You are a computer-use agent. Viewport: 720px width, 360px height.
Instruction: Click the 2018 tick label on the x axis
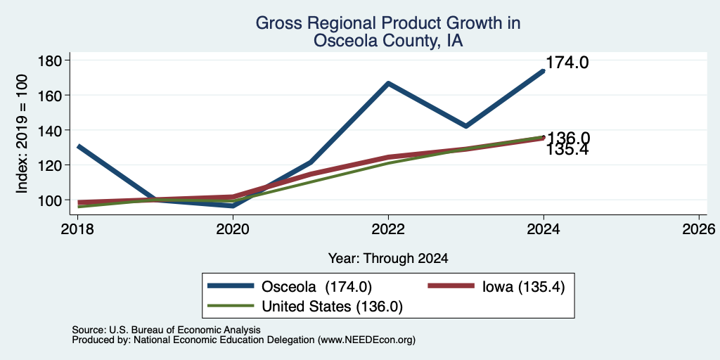77,229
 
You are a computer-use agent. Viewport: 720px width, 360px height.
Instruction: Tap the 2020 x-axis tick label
233,229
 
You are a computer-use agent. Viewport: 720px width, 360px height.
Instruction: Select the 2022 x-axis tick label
388,229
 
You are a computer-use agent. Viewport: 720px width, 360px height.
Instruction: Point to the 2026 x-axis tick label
699,229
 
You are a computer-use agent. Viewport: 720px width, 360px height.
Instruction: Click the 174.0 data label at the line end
567,63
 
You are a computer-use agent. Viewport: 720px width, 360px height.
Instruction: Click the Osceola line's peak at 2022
388,83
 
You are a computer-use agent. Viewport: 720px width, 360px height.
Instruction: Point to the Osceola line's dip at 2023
466,126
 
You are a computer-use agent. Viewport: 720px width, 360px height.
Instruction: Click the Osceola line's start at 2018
79,146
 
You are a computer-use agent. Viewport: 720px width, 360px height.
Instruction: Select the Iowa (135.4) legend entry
496,286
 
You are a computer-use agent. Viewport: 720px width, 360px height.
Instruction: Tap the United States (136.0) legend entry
305,307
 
